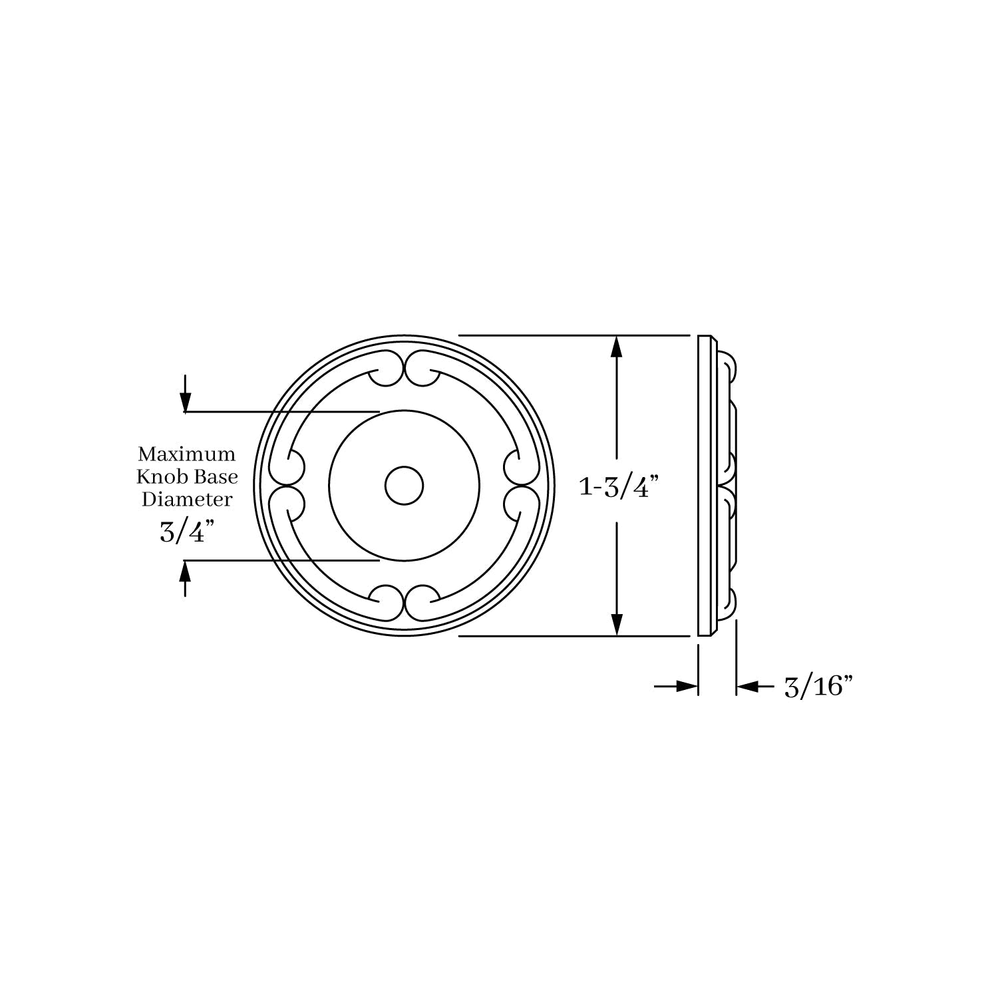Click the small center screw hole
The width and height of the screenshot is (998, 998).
click(404, 486)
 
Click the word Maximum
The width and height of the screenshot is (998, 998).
click(186, 454)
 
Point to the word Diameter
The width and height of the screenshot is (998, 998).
click(187, 498)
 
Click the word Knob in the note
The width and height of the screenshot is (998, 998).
click(158, 476)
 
